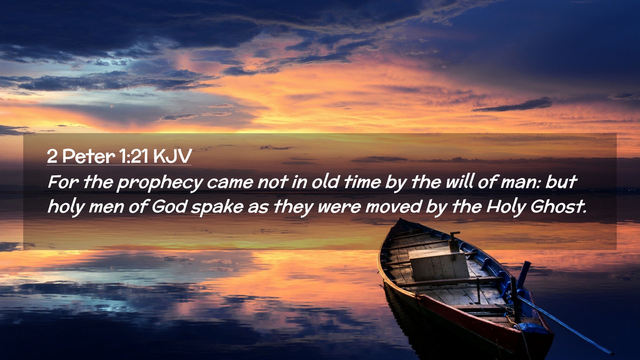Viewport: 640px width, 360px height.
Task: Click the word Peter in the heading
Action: (88, 156)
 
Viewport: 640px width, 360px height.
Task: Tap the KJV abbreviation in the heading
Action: (172, 156)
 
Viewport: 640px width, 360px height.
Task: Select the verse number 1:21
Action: (134, 156)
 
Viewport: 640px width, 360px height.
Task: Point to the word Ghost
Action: (558, 206)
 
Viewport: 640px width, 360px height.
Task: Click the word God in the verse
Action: (169, 206)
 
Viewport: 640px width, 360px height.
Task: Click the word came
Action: (230, 183)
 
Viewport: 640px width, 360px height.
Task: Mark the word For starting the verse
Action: (63, 182)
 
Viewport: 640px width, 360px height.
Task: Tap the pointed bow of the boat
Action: (400, 220)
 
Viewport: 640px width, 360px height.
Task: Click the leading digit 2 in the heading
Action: (52, 156)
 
